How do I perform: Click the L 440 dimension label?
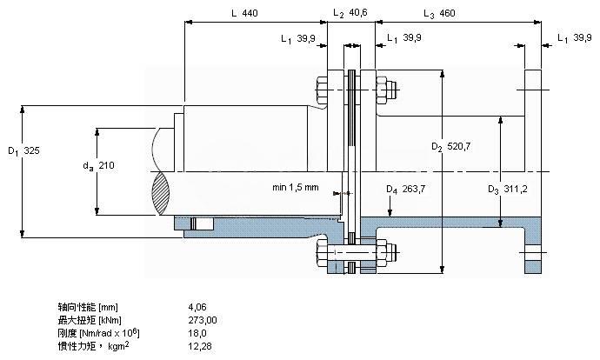pyautogui.click(x=245, y=14)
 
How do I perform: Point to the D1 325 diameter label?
pyautogui.click(x=24, y=150)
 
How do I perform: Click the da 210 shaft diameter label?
pyautogui.click(x=99, y=165)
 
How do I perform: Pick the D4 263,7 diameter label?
pyautogui.click(x=404, y=189)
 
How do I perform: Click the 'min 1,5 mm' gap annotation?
pyautogui.click(x=295, y=187)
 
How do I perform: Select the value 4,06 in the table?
pyautogui.click(x=197, y=307)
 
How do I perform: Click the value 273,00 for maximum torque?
pyautogui.click(x=203, y=320)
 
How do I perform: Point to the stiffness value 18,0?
pyautogui.click(x=197, y=333)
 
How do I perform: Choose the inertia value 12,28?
pyautogui.click(x=200, y=346)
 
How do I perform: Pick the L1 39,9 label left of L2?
pyautogui.click(x=298, y=38)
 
